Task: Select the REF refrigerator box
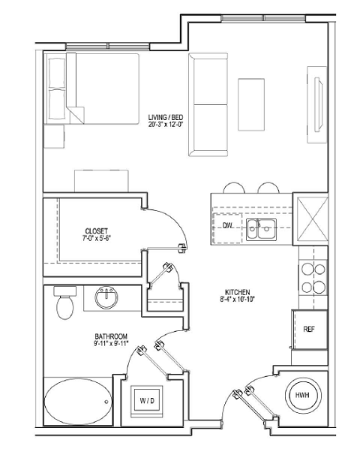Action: [308, 328]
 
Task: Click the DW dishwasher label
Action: [227, 225]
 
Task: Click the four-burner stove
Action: [312, 278]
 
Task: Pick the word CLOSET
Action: [97, 231]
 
